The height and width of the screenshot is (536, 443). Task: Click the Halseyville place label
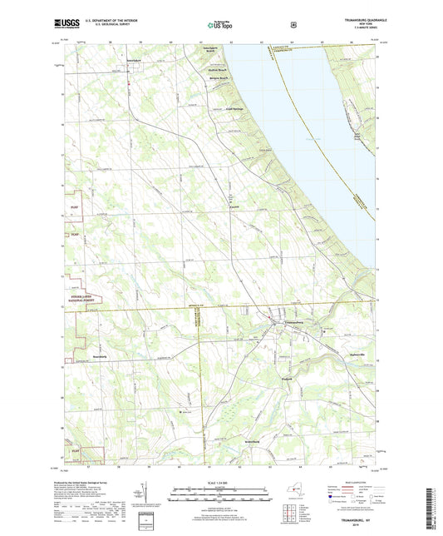[x=355, y=355]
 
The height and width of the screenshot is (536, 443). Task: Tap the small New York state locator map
[x=288, y=497]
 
